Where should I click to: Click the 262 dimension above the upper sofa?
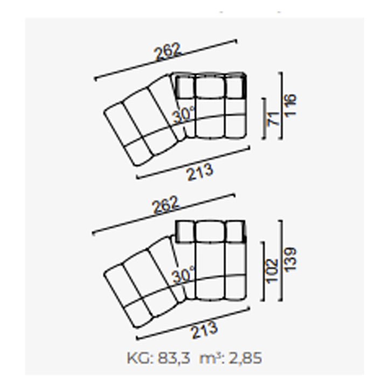[x=167, y=52]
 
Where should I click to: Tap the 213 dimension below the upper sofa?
[x=200, y=171]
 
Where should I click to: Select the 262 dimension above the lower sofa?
[x=165, y=204]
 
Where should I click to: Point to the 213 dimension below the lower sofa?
[x=204, y=330]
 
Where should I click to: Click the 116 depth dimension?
[x=290, y=105]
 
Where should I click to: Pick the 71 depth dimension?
[x=274, y=119]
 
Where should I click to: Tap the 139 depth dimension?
[x=290, y=260]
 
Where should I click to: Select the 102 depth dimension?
[x=273, y=270]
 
